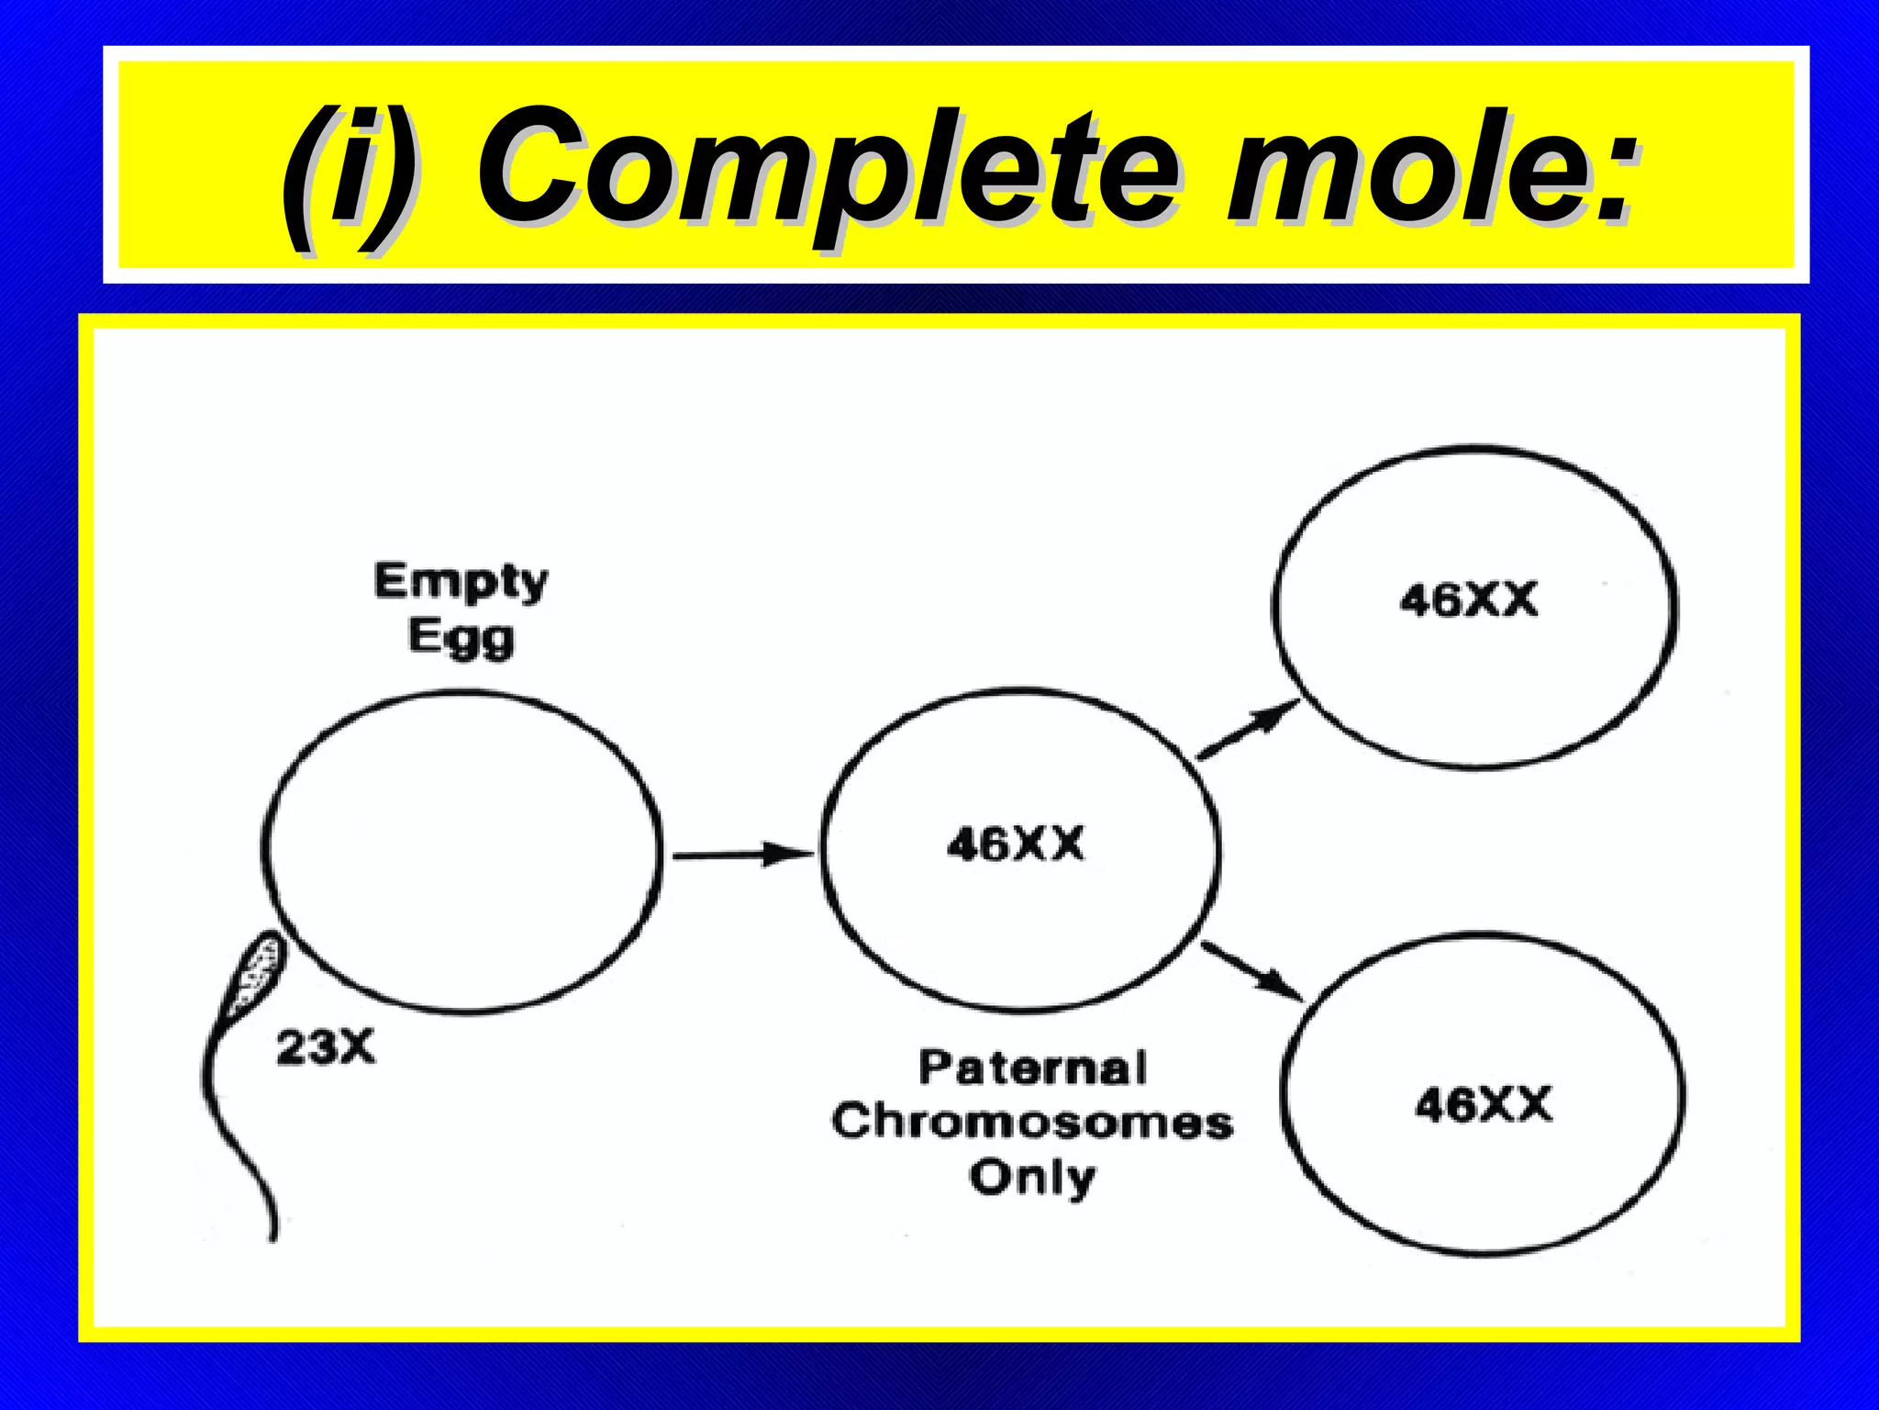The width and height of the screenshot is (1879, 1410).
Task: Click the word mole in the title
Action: (x=1404, y=170)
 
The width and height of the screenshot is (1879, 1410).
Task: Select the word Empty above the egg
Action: (x=461, y=582)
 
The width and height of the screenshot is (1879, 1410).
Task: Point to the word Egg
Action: (x=461, y=637)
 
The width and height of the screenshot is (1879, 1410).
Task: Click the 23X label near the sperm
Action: (x=326, y=1046)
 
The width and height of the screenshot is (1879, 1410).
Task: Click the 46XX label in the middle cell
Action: (x=1015, y=844)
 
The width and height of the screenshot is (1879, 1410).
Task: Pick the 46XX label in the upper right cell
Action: (x=1468, y=601)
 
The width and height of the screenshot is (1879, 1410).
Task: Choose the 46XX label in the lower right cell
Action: (x=1483, y=1103)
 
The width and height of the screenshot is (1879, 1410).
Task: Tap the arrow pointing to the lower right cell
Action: (x=1252, y=973)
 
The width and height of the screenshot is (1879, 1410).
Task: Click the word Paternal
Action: (x=1032, y=1069)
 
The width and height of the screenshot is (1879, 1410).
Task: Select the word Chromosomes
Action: (x=1032, y=1123)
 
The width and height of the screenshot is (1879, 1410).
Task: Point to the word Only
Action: (x=1032, y=1177)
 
